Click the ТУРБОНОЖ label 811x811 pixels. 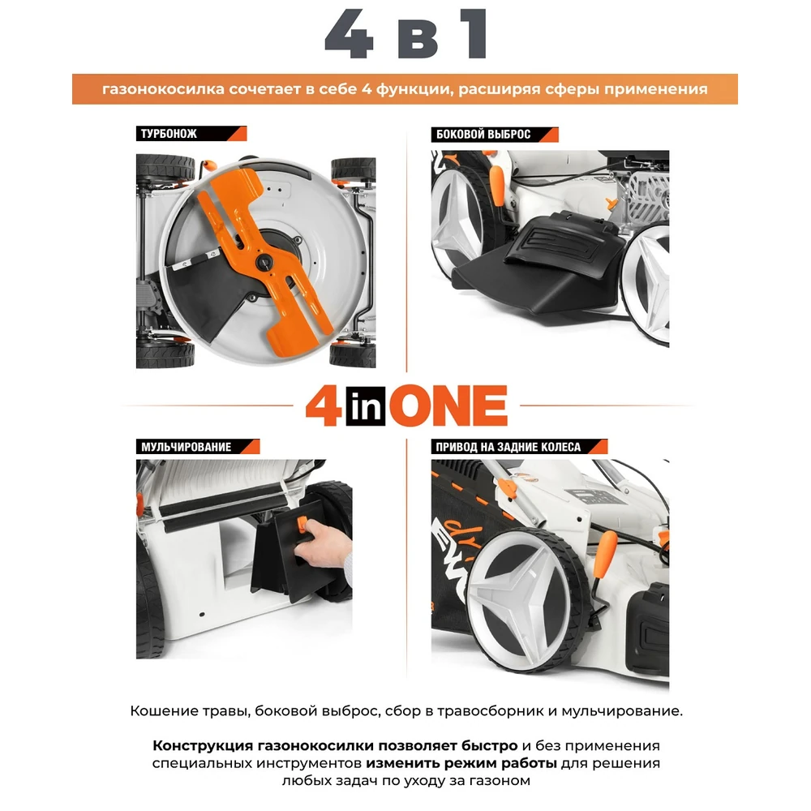tap(169, 134)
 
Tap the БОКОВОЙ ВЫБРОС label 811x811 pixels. tap(483, 135)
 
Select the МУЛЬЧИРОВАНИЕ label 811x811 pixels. tap(187, 447)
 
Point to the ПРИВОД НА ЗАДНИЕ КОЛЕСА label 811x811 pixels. tap(508, 447)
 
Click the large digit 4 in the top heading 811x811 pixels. tap(349, 35)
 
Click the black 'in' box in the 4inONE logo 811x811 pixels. tap(366, 407)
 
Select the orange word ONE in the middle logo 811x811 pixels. tap(448, 406)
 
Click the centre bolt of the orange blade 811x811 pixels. tap(264, 262)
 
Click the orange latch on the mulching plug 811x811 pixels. tap(302, 523)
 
